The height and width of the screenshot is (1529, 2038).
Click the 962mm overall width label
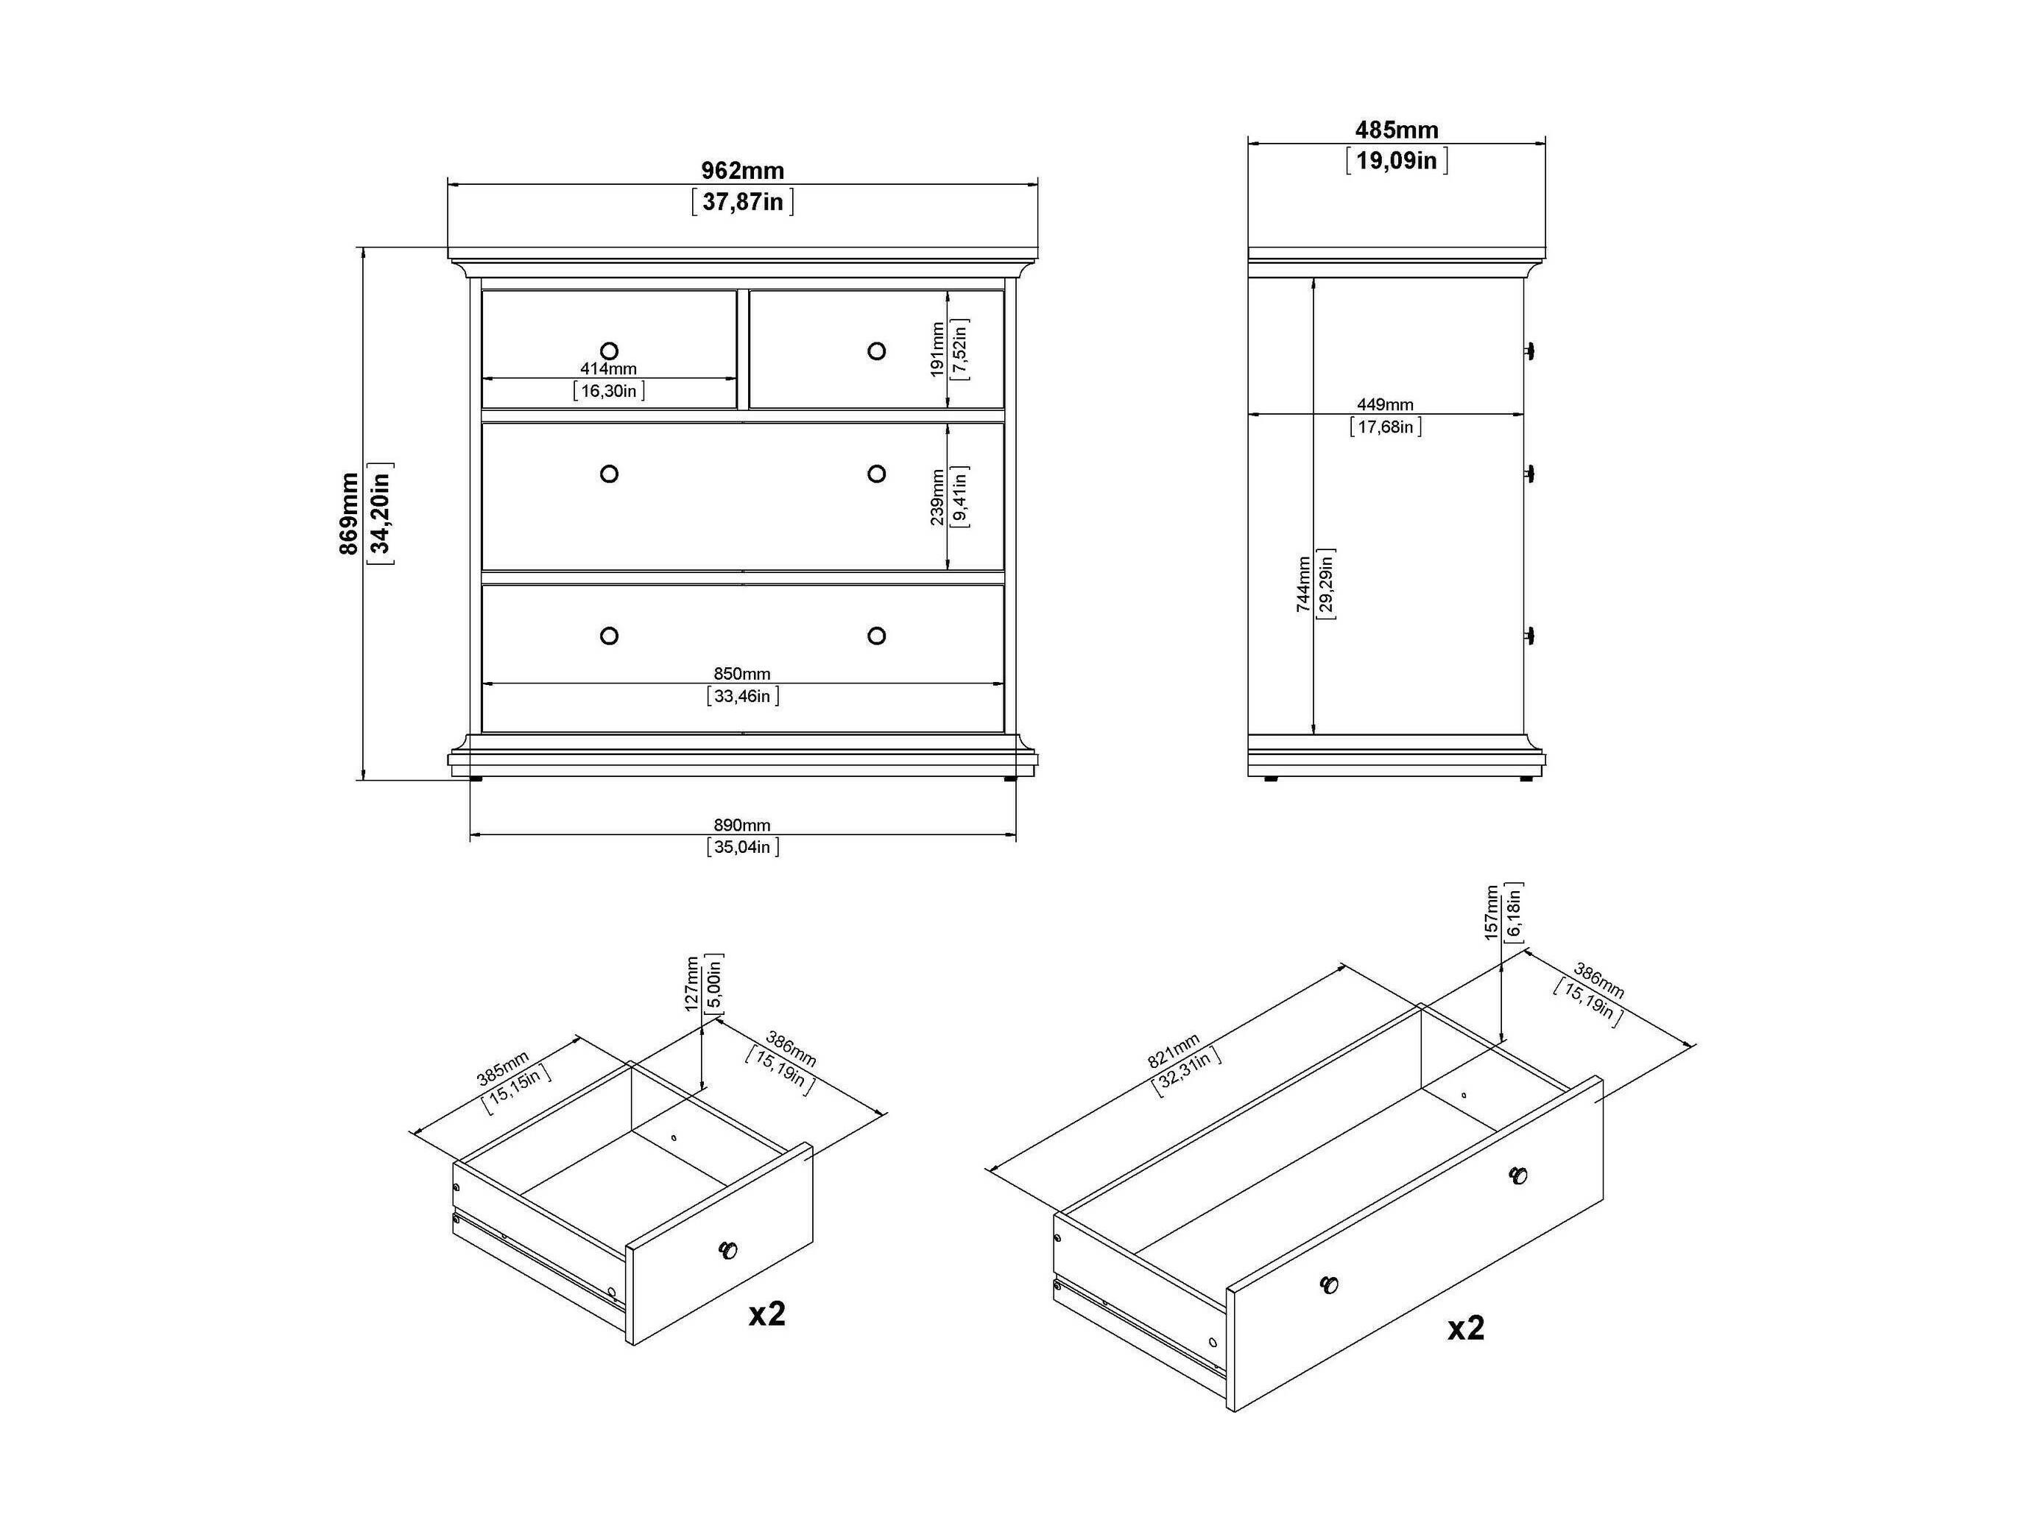click(x=743, y=171)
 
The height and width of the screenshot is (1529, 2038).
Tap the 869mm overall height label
click(x=348, y=513)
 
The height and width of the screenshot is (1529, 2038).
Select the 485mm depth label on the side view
click(x=1397, y=130)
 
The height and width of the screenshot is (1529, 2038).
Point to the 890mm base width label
click(x=743, y=825)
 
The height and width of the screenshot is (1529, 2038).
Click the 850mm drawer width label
click(x=743, y=674)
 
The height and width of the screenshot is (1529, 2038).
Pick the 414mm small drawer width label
click(x=608, y=369)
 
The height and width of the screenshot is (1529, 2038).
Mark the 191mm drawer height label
click(x=937, y=349)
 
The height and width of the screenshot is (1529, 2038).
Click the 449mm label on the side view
click(x=1385, y=404)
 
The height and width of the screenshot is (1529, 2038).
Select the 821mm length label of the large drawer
click(x=1174, y=1052)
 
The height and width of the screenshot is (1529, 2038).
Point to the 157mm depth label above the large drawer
click(x=1492, y=913)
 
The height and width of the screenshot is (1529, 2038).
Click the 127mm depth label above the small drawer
click(x=692, y=983)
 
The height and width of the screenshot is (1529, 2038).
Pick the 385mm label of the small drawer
click(x=503, y=1068)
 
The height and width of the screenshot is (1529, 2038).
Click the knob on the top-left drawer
click(x=608, y=351)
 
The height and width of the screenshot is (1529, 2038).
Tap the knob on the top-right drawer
click(x=876, y=351)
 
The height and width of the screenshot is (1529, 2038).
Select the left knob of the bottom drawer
click(x=608, y=636)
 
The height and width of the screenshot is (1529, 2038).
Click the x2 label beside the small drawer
click(x=766, y=1313)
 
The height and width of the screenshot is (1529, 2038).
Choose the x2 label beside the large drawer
click(x=1466, y=1328)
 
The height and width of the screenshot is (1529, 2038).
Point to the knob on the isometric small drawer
click(x=728, y=1251)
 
